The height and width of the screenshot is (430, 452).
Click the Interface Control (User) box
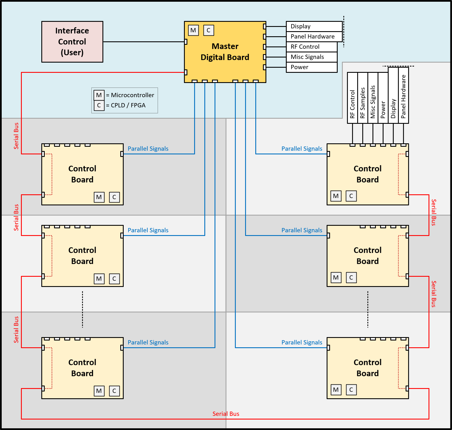[72, 42]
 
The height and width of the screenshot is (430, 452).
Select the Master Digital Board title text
[225, 52]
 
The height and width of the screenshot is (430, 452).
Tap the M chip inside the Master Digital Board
[193, 30]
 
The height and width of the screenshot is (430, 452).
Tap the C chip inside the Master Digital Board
[209, 30]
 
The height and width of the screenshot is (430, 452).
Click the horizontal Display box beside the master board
[314, 26]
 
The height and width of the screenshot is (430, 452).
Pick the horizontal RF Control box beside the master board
[311, 47]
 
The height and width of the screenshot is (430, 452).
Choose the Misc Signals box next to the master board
[311, 57]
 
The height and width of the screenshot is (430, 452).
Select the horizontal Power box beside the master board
[311, 67]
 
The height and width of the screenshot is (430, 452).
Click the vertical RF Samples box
[363, 98]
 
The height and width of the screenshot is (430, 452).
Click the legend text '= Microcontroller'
[130, 95]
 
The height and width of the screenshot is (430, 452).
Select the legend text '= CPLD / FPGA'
[126, 105]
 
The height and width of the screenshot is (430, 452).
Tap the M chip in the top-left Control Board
[99, 197]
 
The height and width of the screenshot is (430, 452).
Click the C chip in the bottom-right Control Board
[351, 390]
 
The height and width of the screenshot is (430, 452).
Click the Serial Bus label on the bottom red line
[226, 414]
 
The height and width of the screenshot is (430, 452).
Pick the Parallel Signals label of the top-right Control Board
[302, 149]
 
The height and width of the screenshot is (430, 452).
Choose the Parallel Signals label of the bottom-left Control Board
[148, 342]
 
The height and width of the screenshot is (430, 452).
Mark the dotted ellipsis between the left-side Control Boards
[82, 309]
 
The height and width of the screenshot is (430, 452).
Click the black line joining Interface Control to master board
[143, 42]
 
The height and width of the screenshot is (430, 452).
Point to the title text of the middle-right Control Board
[367, 256]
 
